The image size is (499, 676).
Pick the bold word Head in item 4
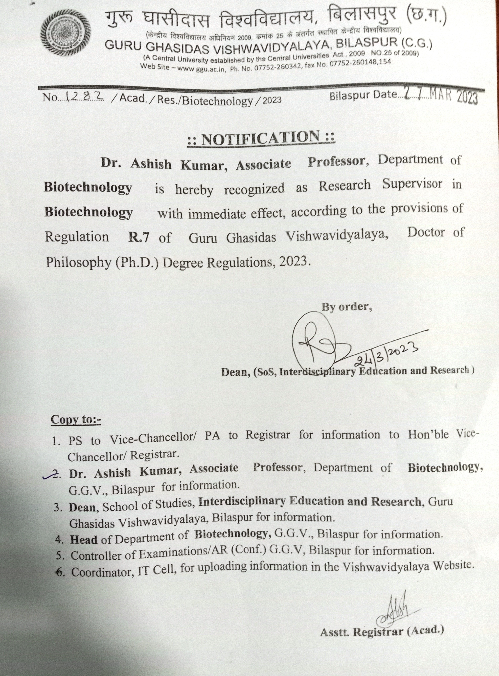point(84,539)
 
